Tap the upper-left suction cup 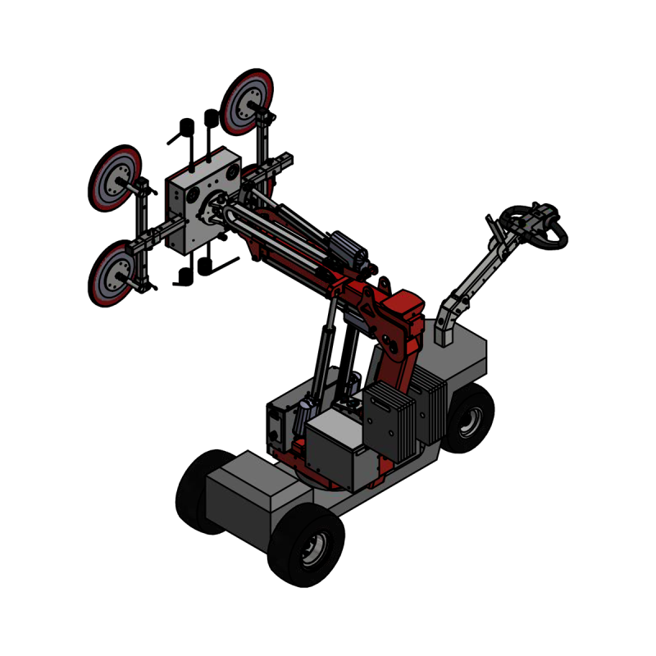(116, 179)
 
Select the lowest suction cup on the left (114, 276)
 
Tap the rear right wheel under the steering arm (468, 420)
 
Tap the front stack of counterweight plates (390, 421)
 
